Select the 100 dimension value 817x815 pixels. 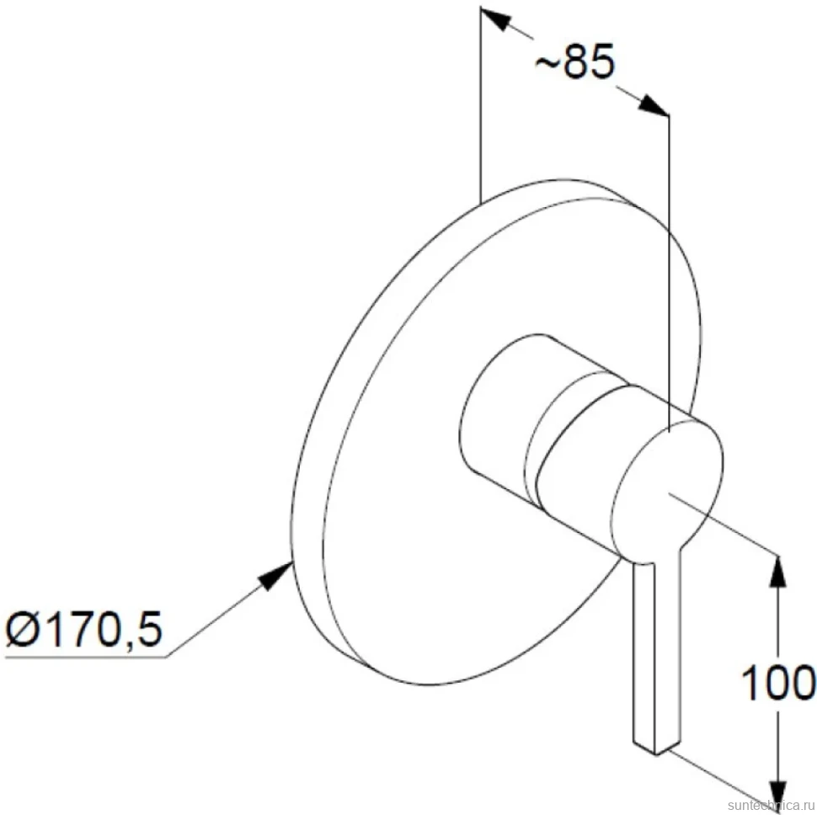coord(778,682)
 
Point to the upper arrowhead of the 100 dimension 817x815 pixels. coord(778,572)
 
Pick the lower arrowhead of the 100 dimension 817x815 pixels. coord(778,795)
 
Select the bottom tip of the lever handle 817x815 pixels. coord(656,754)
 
